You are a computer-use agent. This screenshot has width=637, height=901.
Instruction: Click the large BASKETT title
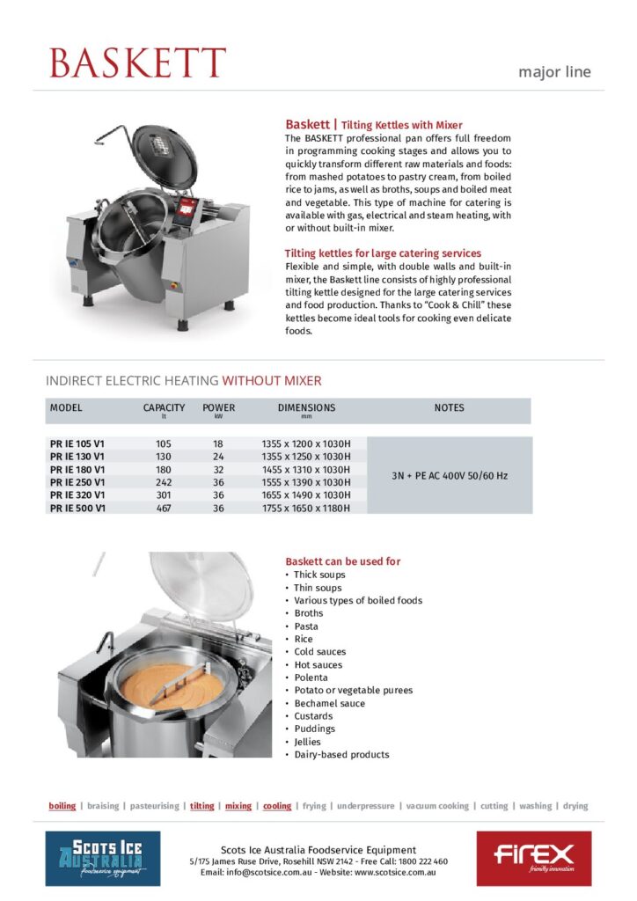[137, 63]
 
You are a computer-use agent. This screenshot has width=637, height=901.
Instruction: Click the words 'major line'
[554, 72]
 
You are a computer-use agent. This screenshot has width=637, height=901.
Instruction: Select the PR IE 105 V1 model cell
[77, 444]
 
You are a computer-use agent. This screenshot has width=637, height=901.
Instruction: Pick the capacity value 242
[164, 482]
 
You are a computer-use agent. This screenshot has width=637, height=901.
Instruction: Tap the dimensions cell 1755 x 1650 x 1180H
[306, 508]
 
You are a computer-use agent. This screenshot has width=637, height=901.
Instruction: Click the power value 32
[218, 470]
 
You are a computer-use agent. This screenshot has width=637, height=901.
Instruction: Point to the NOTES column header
[449, 408]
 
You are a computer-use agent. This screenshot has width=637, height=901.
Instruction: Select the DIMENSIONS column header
[306, 408]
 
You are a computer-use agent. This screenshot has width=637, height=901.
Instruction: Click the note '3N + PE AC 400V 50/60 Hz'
[449, 476]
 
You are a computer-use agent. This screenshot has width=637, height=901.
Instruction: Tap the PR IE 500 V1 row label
[77, 508]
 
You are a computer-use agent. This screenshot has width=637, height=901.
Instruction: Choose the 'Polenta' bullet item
[311, 678]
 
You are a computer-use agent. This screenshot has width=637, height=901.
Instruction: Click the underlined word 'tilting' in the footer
[202, 806]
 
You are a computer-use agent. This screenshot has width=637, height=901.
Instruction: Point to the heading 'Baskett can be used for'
[343, 561]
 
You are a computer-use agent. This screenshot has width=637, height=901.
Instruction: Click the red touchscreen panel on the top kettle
[187, 208]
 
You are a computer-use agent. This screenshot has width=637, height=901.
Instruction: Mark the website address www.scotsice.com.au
[394, 872]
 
